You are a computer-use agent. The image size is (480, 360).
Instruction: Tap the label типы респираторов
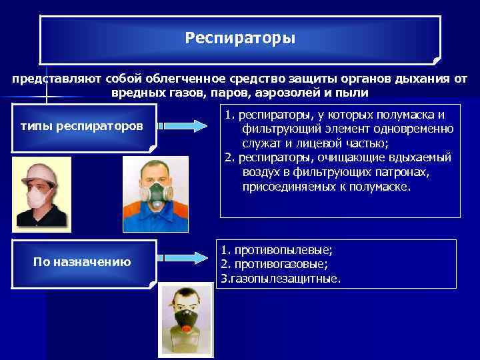pos(82,125)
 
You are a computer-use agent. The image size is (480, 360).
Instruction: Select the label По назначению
pos(82,262)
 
